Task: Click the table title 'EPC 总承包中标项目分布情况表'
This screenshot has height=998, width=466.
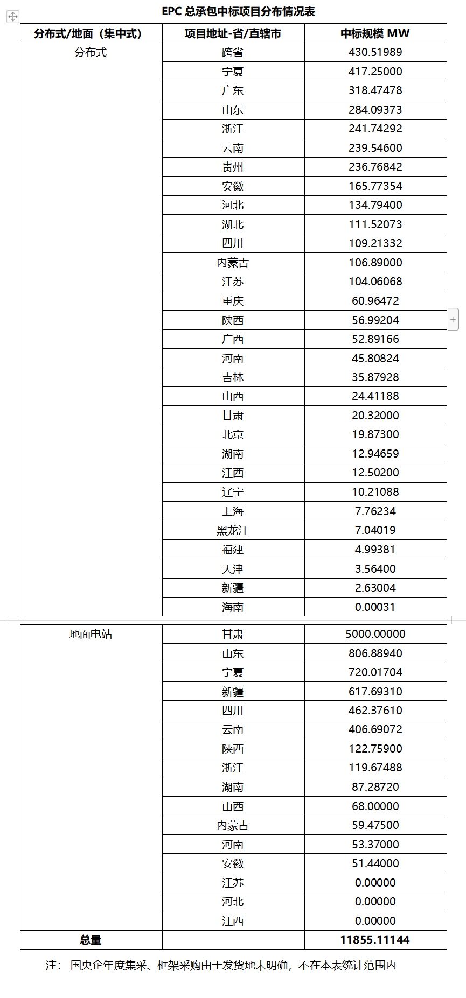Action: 238,11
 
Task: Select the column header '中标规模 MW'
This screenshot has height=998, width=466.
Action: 375,33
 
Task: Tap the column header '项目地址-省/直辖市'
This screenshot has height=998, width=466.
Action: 233,33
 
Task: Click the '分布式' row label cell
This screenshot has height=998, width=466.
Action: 91,52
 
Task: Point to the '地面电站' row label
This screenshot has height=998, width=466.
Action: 91,634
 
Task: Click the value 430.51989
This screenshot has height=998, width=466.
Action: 375,52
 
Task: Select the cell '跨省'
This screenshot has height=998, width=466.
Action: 233,52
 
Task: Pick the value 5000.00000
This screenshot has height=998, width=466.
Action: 375,634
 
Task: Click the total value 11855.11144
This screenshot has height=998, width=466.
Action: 375,940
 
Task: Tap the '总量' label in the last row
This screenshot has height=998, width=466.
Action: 91,940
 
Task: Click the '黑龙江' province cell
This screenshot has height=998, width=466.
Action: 233,530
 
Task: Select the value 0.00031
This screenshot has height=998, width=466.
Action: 375,607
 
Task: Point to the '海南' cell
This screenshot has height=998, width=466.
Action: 233,607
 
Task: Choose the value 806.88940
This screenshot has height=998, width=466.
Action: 375,653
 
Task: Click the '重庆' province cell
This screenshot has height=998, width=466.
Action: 233,301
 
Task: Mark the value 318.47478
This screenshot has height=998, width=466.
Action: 375,90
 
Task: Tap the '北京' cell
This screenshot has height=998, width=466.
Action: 233,434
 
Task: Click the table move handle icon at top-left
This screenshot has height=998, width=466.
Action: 13,17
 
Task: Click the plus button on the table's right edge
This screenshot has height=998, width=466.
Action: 453,319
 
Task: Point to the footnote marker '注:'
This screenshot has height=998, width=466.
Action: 53,965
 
